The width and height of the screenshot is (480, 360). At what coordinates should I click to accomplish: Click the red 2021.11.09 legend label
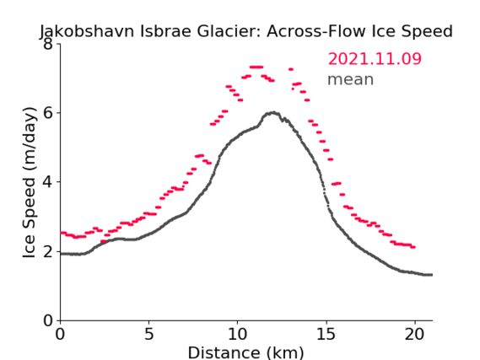pos(375,59)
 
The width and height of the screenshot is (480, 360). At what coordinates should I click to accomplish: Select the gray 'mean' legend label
pos(351,79)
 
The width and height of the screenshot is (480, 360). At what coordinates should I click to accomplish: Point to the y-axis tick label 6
pos(48,113)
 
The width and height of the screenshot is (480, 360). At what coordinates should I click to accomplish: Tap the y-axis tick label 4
pos(48,182)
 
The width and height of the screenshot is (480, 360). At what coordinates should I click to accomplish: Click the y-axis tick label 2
pos(48,251)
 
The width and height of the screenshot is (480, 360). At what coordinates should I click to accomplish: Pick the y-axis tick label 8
pos(48,44)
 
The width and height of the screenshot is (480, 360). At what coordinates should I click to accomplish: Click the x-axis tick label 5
pos(148,334)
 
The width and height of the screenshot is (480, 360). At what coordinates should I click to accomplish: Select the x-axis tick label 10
pos(237,334)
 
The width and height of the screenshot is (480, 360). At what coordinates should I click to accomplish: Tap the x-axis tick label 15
pos(326,334)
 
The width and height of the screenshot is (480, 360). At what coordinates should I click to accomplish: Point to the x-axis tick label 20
pos(414,334)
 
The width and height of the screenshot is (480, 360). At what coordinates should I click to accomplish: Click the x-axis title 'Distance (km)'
pos(245,352)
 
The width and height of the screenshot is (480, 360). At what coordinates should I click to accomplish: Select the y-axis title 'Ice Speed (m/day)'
pos(30,183)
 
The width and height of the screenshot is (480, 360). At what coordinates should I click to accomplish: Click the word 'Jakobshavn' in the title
pos(87,31)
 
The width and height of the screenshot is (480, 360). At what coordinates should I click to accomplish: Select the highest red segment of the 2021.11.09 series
pos(256,67)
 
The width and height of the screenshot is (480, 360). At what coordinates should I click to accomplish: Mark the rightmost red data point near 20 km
pos(413,247)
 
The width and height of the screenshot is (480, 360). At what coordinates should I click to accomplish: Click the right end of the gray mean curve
pos(432,275)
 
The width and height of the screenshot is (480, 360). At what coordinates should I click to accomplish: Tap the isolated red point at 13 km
pos(291,69)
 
